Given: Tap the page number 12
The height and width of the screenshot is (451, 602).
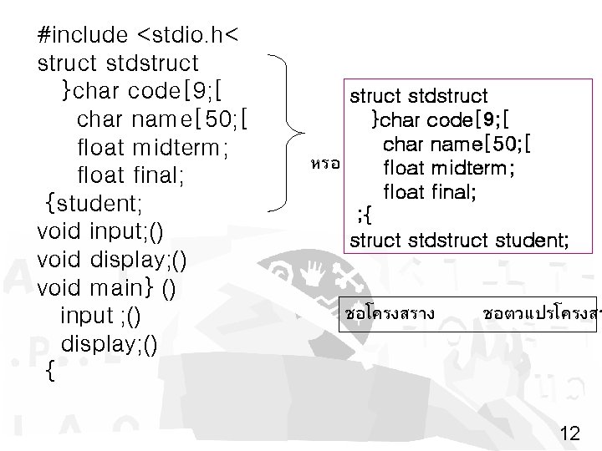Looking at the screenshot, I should (570, 433).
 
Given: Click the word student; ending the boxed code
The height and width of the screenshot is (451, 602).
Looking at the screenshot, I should (532, 241).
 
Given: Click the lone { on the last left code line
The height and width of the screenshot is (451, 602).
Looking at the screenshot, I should (49, 372).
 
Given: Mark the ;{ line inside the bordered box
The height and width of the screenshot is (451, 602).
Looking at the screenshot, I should (365, 217).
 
